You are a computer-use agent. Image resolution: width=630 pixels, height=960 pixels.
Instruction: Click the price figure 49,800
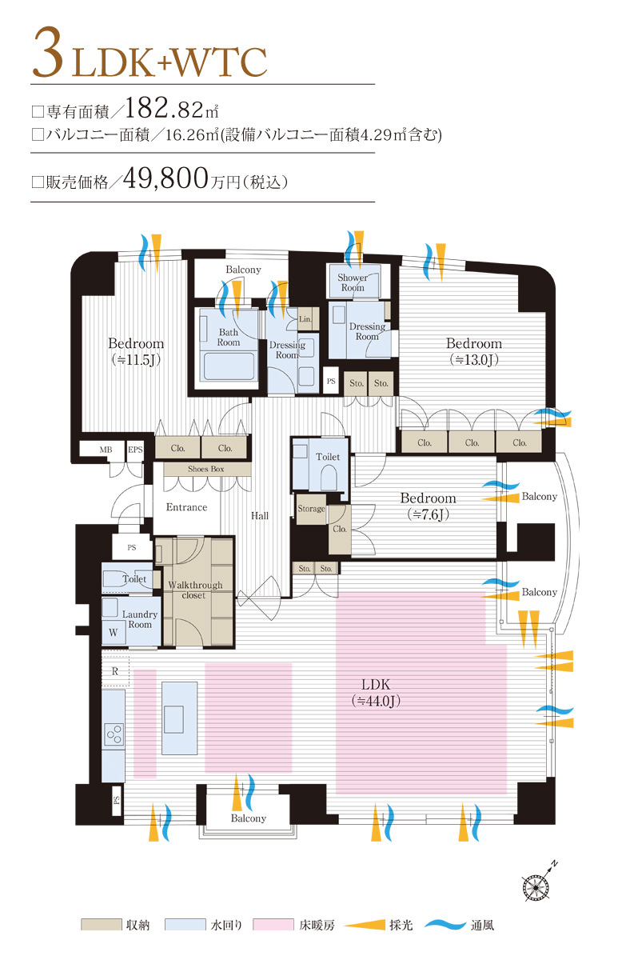point(165,178)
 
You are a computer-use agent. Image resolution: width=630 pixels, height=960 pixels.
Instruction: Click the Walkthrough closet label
point(195,590)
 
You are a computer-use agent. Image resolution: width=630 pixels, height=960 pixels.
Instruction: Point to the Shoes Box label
point(206,469)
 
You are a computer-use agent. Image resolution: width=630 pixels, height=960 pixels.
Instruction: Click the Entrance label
point(186,507)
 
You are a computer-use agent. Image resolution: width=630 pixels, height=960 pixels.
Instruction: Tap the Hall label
point(260,515)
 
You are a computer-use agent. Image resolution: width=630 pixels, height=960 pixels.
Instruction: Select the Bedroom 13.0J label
point(474,351)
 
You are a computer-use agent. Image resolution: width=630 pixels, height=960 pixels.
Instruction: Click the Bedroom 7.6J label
point(428,506)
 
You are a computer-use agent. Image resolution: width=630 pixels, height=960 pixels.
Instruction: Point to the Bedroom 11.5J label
point(136,351)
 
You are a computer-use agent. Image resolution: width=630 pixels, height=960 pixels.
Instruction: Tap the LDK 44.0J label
point(376,693)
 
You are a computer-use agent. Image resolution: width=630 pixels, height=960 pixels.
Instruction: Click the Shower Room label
point(353,282)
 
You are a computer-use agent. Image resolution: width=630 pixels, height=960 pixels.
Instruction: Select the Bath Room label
point(229,337)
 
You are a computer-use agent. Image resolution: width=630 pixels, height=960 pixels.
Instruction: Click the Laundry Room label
point(140,619)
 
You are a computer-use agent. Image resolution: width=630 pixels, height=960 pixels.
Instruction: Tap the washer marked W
point(114,633)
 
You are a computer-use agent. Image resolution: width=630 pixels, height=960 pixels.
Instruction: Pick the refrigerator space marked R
point(115,671)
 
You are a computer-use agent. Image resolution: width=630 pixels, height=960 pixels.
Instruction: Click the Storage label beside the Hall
point(311,509)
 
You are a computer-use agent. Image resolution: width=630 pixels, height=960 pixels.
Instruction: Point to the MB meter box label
point(106,450)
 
